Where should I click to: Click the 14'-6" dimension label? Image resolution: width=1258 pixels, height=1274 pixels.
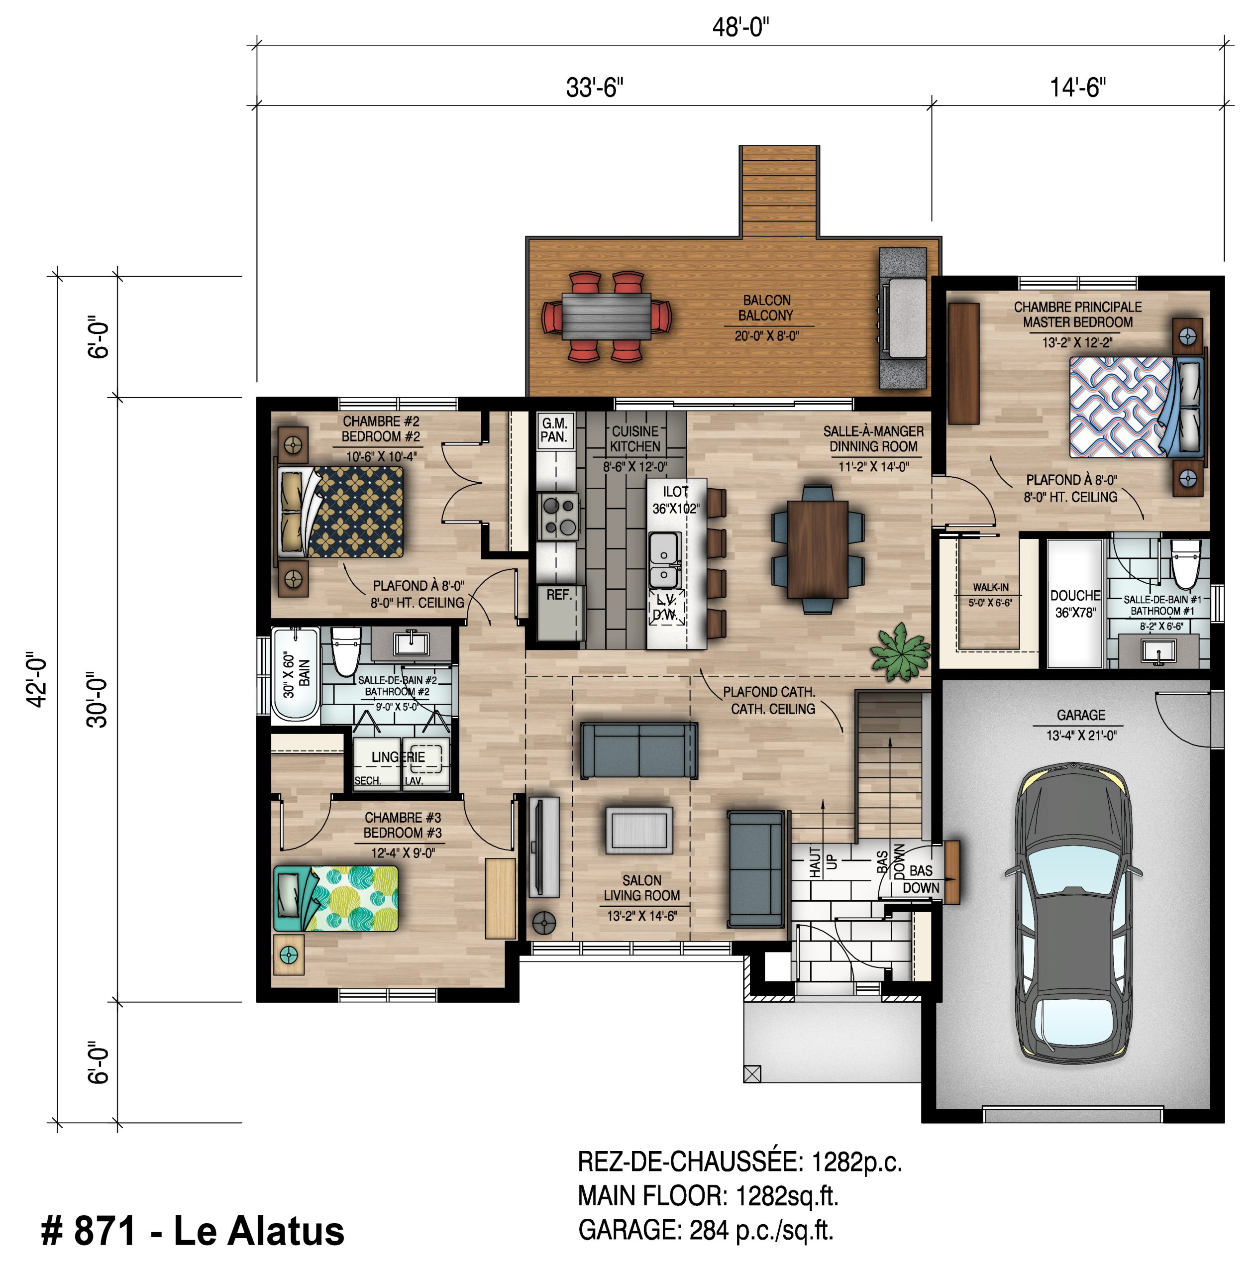[x=1077, y=87]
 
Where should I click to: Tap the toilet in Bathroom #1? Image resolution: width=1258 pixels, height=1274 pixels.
[x=1185, y=563]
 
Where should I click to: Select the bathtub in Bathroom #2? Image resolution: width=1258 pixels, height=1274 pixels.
[x=296, y=673]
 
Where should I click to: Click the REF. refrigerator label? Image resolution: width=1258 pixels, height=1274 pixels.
[x=558, y=595]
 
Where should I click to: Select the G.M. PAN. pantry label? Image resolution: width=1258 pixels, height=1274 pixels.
[x=554, y=430]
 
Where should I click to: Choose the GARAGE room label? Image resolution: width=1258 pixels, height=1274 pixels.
[x=1081, y=715]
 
